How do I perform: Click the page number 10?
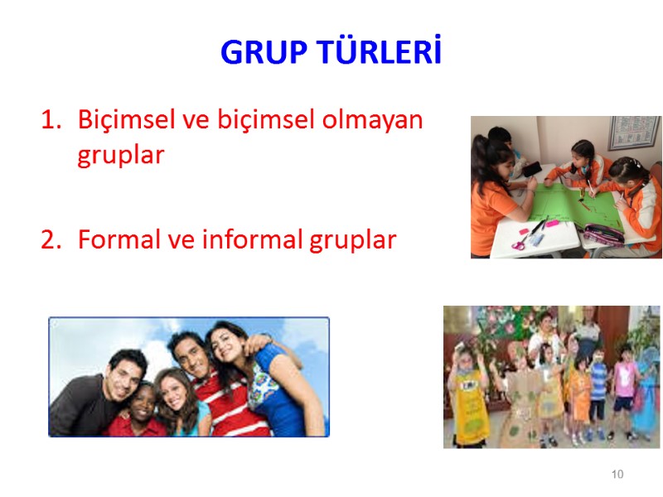617,475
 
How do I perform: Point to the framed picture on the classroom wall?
634,133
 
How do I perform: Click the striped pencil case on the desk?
603,234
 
